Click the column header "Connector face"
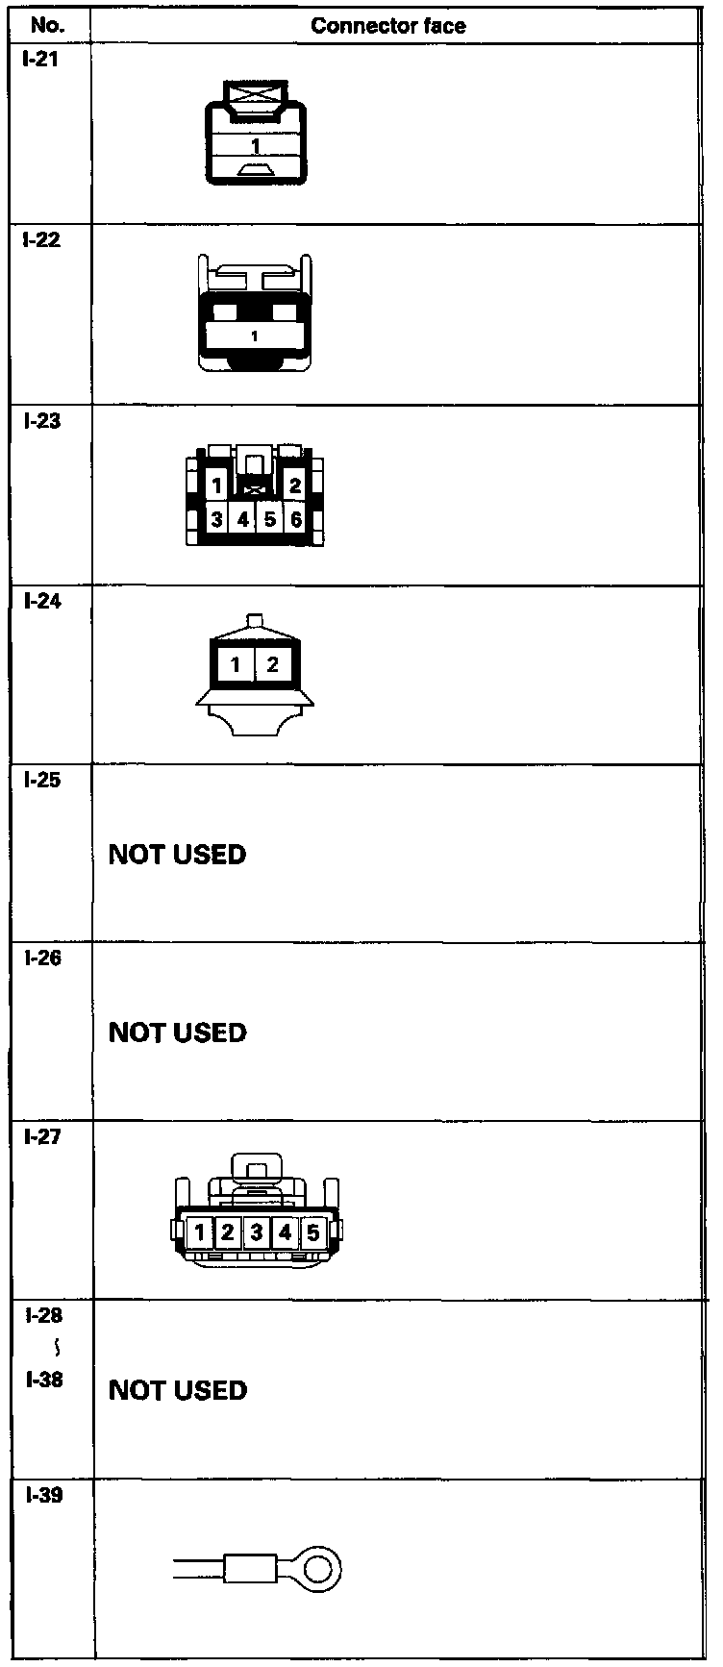pyautogui.click(x=388, y=26)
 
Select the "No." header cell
pyautogui.click(x=47, y=26)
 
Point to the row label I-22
pyautogui.click(x=40, y=240)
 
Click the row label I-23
pyautogui.click(x=40, y=420)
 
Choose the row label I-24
pyautogui.click(x=40, y=601)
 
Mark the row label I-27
pyautogui.click(x=40, y=1137)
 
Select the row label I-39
pyautogui.click(x=40, y=1495)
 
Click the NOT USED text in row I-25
pyautogui.click(x=178, y=855)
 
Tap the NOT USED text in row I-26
pyautogui.click(x=178, y=1033)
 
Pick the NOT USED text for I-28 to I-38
pyautogui.click(x=178, y=1390)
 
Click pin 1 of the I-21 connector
pyautogui.click(x=256, y=146)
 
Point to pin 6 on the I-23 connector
pyautogui.click(x=296, y=519)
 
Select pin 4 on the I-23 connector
pyautogui.click(x=243, y=519)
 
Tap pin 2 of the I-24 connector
pyautogui.click(x=273, y=664)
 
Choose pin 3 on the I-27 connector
pyautogui.click(x=256, y=1232)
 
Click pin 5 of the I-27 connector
pyautogui.click(x=313, y=1232)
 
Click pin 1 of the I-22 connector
pyautogui.click(x=254, y=336)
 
